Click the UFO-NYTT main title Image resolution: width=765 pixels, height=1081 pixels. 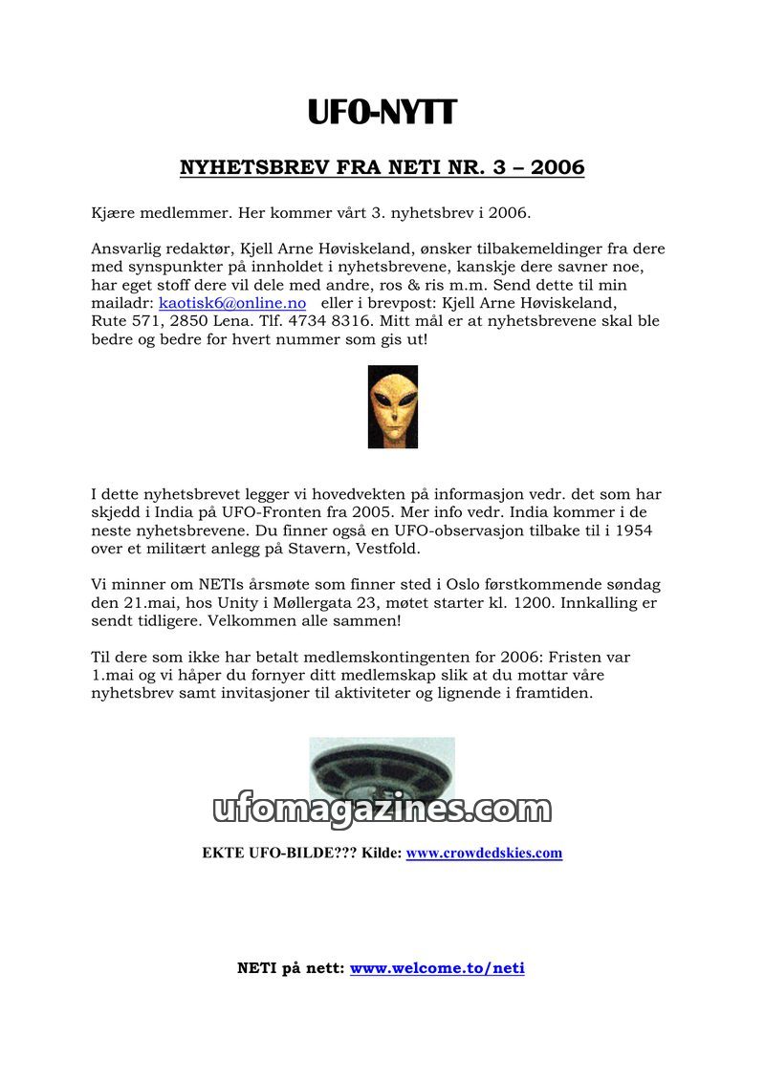tap(382, 113)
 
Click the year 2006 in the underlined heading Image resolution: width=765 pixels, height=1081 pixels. tap(557, 168)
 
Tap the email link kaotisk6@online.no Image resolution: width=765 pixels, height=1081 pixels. tap(232, 303)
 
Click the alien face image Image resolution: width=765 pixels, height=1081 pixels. tap(392, 406)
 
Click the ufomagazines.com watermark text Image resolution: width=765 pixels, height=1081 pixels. tap(382, 811)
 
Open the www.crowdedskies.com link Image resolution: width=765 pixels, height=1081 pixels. tap(484, 853)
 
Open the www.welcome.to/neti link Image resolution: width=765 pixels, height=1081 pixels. tap(437, 968)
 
